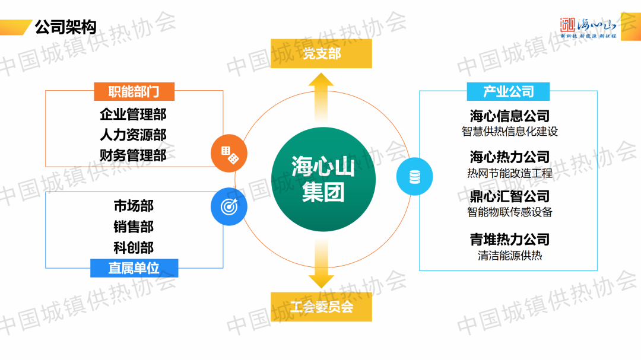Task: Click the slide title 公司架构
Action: [x=65, y=27]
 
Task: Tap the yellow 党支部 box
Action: [x=321, y=53]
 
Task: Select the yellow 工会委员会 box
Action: [x=321, y=307]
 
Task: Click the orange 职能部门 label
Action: [x=134, y=91]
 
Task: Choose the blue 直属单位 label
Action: [x=134, y=267]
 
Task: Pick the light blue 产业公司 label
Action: [x=508, y=91]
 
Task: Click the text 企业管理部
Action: [x=133, y=114]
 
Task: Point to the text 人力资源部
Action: [x=133, y=135]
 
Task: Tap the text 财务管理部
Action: [x=133, y=155]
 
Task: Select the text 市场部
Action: [x=134, y=206]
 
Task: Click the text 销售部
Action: [x=134, y=227]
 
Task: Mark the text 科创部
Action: [x=134, y=247]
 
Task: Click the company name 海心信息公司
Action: [x=509, y=116]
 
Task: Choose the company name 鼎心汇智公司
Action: [x=509, y=196]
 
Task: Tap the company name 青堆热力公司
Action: [x=509, y=240]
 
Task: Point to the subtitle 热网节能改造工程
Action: [x=509, y=173]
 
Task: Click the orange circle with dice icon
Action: [x=229, y=155]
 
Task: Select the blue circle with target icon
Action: [x=229, y=206]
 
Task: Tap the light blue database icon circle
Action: [x=414, y=177]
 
